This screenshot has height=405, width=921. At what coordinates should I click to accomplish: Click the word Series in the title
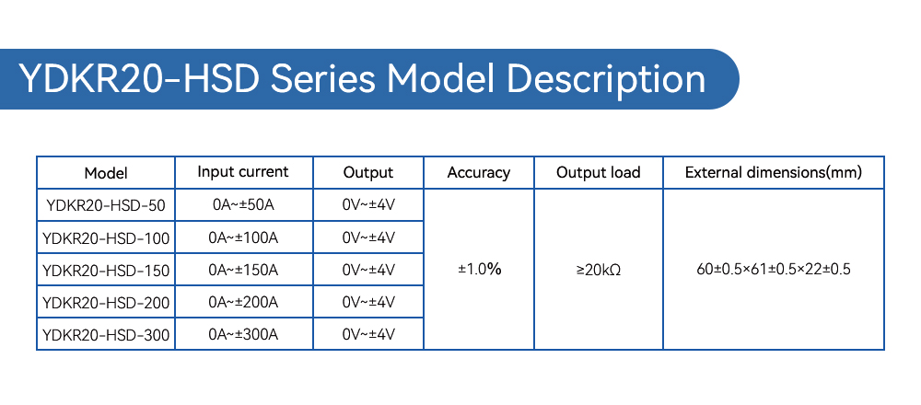[x=322, y=78]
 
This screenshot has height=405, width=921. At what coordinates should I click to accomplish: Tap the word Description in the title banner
[x=606, y=80]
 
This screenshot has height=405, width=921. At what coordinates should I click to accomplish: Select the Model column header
[x=106, y=173]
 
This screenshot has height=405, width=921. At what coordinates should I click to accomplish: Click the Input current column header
[x=243, y=172]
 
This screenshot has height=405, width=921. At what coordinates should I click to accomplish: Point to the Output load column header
[x=598, y=172]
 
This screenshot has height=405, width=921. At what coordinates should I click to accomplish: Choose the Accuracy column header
[x=479, y=172]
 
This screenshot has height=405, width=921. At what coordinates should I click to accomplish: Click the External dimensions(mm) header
[x=774, y=172]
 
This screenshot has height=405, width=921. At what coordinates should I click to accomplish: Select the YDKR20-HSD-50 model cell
[x=106, y=205]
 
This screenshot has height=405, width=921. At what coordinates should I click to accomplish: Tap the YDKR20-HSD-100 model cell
[x=106, y=237]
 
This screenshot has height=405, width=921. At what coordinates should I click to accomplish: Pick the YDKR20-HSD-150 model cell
[x=106, y=270]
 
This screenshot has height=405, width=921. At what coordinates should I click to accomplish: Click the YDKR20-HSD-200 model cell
[x=106, y=302]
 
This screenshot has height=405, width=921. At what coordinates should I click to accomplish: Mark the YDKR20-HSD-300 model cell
[x=106, y=334]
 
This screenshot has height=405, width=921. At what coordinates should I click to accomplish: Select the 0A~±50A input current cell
[x=243, y=205]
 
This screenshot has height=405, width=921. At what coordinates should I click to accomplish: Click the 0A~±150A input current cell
[x=243, y=270]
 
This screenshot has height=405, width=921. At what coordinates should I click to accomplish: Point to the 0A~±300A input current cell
[x=243, y=334]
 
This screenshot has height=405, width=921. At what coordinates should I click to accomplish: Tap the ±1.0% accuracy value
[x=479, y=270]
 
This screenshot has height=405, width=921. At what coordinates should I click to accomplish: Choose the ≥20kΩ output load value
[x=599, y=270]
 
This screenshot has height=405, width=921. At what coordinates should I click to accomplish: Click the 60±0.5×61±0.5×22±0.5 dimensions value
[x=774, y=270]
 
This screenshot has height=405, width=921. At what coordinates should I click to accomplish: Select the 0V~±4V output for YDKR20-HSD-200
[x=368, y=302]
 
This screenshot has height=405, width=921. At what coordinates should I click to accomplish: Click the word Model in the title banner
[x=440, y=78]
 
